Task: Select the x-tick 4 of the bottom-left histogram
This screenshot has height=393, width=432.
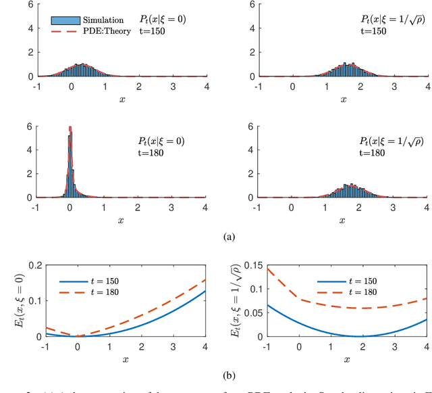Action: (205, 208)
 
